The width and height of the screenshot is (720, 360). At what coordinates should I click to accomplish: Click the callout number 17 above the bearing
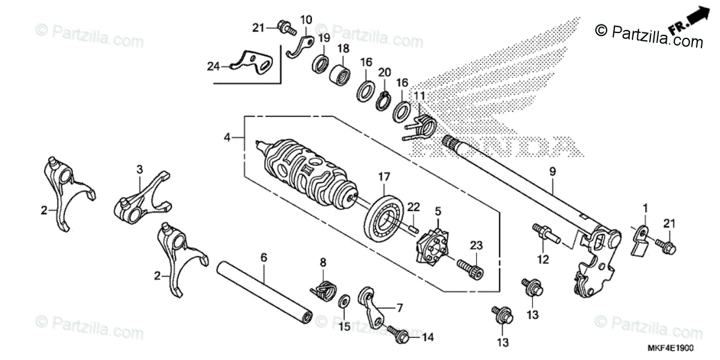[x=384, y=178]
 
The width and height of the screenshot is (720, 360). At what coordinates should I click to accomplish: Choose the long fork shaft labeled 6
[x=263, y=287]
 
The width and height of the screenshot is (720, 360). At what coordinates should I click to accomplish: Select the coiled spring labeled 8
[x=324, y=289]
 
